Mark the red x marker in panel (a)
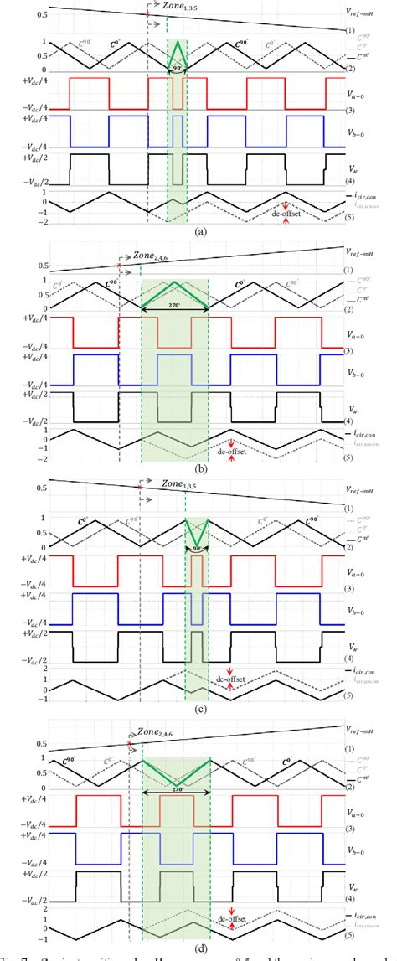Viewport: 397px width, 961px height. (x=147, y=14)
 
